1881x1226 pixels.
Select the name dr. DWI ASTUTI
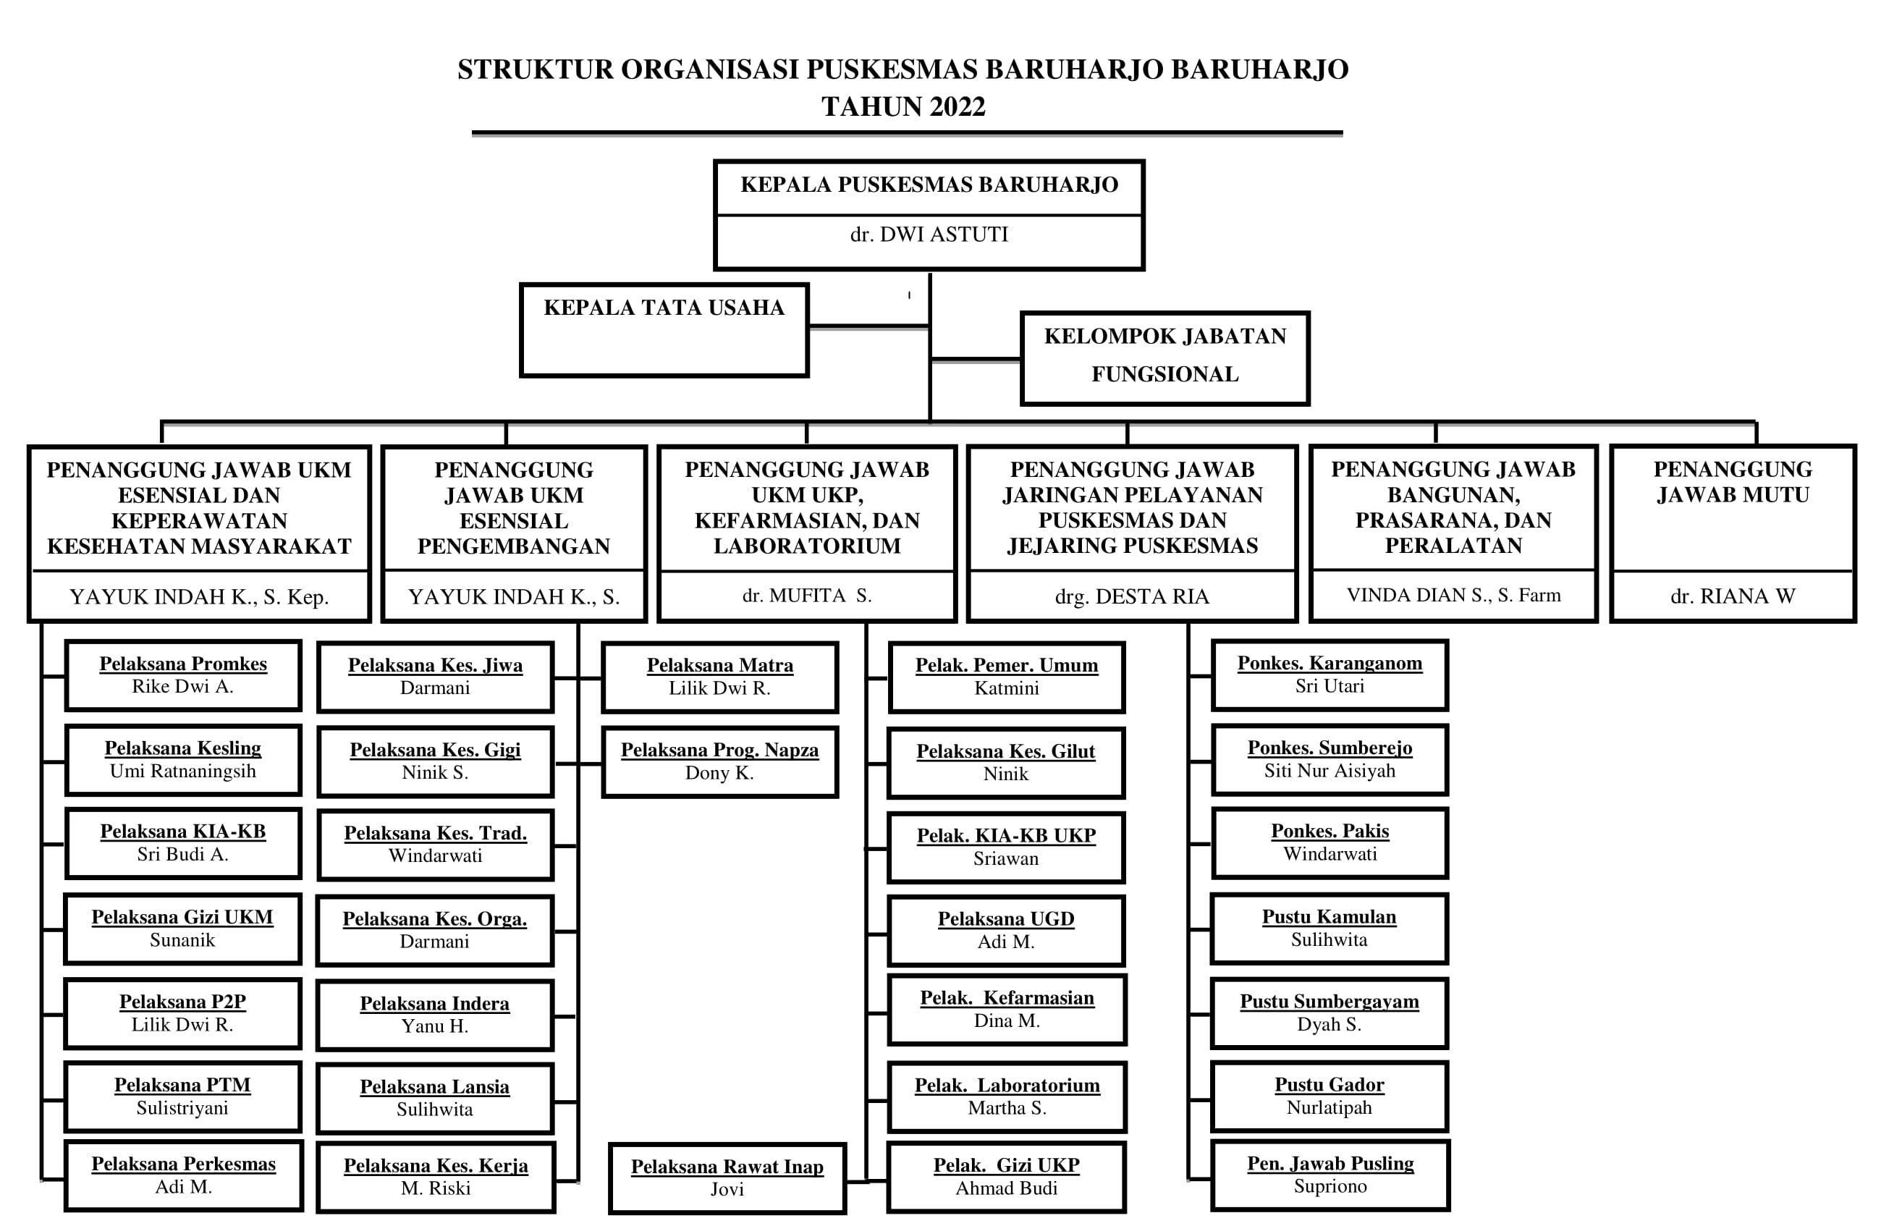pos(929,234)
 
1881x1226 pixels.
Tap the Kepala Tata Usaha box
pos(664,329)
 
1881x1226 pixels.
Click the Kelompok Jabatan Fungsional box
pos(1165,358)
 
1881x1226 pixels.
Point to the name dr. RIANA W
pos(1733,596)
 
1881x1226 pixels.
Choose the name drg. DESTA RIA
pos(1132,596)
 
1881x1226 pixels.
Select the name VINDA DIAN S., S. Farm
pos(1453,595)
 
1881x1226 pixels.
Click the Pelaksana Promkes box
pos(183,675)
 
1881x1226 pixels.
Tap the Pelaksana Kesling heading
pos(182,748)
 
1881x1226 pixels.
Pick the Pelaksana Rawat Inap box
pos(727,1178)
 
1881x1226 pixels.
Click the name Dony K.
pos(719,773)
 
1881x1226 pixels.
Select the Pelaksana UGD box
pos(1006,931)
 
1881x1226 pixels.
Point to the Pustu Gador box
pos(1330,1096)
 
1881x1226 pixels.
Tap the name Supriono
pos(1330,1185)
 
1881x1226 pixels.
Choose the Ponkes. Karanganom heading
pos(1330,663)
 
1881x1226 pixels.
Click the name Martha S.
pos(1007,1108)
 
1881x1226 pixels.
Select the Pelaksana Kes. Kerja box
pos(436,1177)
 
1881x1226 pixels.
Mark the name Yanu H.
pos(435,1026)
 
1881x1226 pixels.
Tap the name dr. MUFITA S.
pos(806,595)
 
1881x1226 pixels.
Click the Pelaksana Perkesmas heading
pos(183,1164)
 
